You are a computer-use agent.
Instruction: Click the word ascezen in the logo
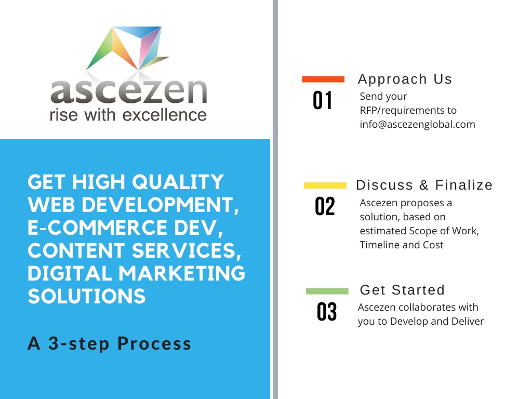click(x=129, y=91)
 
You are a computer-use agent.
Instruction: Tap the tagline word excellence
click(x=165, y=115)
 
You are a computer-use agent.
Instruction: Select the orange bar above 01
click(x=323, y=79)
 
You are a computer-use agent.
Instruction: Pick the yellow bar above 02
click(x=325, y=185)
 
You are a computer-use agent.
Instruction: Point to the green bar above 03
click(x=327, y=291)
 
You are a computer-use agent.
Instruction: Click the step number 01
click(x=322, y=100)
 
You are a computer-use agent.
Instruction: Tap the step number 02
click(x=325, y=206)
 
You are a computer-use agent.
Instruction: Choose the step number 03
click(x=327, y=312)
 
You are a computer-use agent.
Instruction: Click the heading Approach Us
click(x=405, y=79)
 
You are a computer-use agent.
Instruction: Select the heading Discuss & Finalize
click(x=424, y=185)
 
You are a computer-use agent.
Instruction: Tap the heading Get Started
click(x=402, y=290)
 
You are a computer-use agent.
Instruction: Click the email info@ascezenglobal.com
click(x=417, y=125)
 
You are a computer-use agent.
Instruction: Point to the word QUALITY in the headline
click(x=178, y=182)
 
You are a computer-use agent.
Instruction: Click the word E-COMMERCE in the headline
click(x=97, y=228)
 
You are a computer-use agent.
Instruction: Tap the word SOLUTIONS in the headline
click(x=87, y=296)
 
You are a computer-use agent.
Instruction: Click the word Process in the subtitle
click(x=154, y=343)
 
